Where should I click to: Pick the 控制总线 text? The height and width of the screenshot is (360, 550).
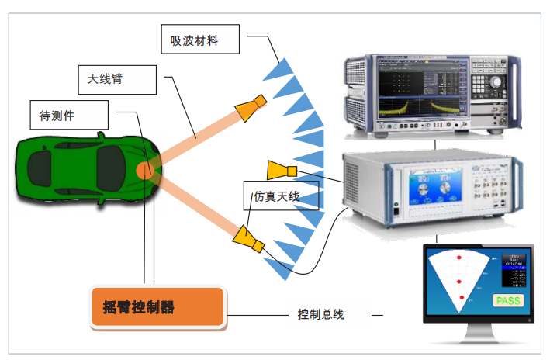[320, 314]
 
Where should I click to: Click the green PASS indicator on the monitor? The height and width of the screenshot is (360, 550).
[508, 301]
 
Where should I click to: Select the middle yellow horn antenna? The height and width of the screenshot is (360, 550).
[279, 170]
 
